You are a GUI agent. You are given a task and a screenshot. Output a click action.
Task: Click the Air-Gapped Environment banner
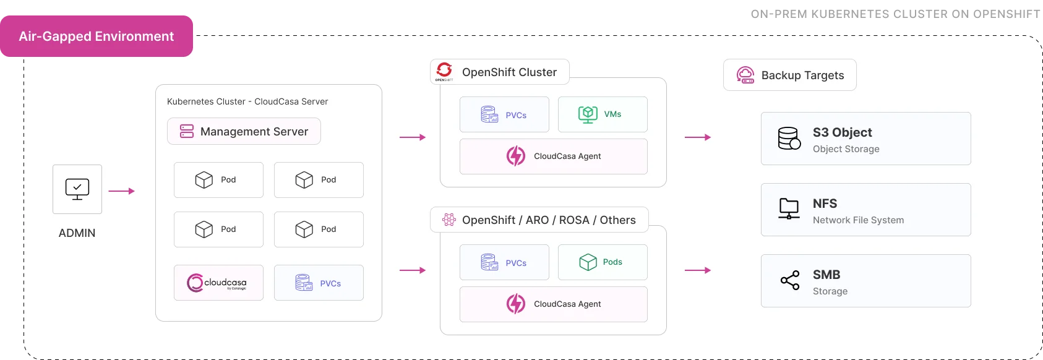click(97, 36)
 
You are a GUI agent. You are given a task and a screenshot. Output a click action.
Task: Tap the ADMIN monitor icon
click(77, 189)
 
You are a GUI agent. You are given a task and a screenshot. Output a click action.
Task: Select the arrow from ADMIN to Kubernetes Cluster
click(121, 191)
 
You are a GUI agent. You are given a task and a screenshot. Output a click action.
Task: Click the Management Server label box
click(244, 131)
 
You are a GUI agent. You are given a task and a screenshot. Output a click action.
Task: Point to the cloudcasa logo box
click(218, 283)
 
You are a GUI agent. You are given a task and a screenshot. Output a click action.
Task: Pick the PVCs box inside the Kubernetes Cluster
click(319, 283)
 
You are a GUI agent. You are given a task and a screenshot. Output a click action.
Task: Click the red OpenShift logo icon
click(444, 70)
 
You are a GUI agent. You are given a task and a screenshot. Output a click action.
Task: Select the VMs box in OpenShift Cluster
click(603, 114)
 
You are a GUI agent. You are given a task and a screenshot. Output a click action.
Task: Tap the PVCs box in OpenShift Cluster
click(504, 114)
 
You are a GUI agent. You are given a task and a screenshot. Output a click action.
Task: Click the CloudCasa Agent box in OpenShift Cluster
click(553, 156)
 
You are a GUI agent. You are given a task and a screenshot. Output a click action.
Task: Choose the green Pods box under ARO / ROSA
click(603, 262)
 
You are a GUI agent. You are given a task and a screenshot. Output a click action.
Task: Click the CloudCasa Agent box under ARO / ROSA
click(553, 304)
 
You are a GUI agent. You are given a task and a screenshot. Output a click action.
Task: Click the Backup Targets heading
click(790, 75)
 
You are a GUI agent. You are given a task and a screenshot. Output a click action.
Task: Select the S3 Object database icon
click(789, 139)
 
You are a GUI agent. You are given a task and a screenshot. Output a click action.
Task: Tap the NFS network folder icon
click(789, 209)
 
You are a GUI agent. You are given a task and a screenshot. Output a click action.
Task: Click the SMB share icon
click(790, 281)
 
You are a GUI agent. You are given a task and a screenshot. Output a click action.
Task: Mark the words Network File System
click(858, 220)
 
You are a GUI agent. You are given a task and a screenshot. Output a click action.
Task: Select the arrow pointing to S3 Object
click(698, 137)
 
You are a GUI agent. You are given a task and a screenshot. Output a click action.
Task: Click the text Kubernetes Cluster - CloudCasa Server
click(247, 101)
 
